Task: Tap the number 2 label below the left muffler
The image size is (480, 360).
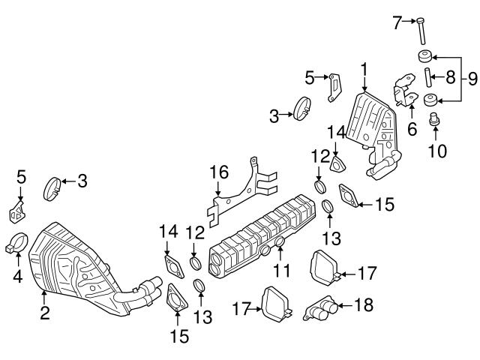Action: [45, 313]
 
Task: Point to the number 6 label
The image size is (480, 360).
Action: [411, 129]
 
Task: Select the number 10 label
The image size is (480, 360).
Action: [436, 150]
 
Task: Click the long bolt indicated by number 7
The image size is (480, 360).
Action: [423, 30]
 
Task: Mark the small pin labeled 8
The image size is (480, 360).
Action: [427, 77]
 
